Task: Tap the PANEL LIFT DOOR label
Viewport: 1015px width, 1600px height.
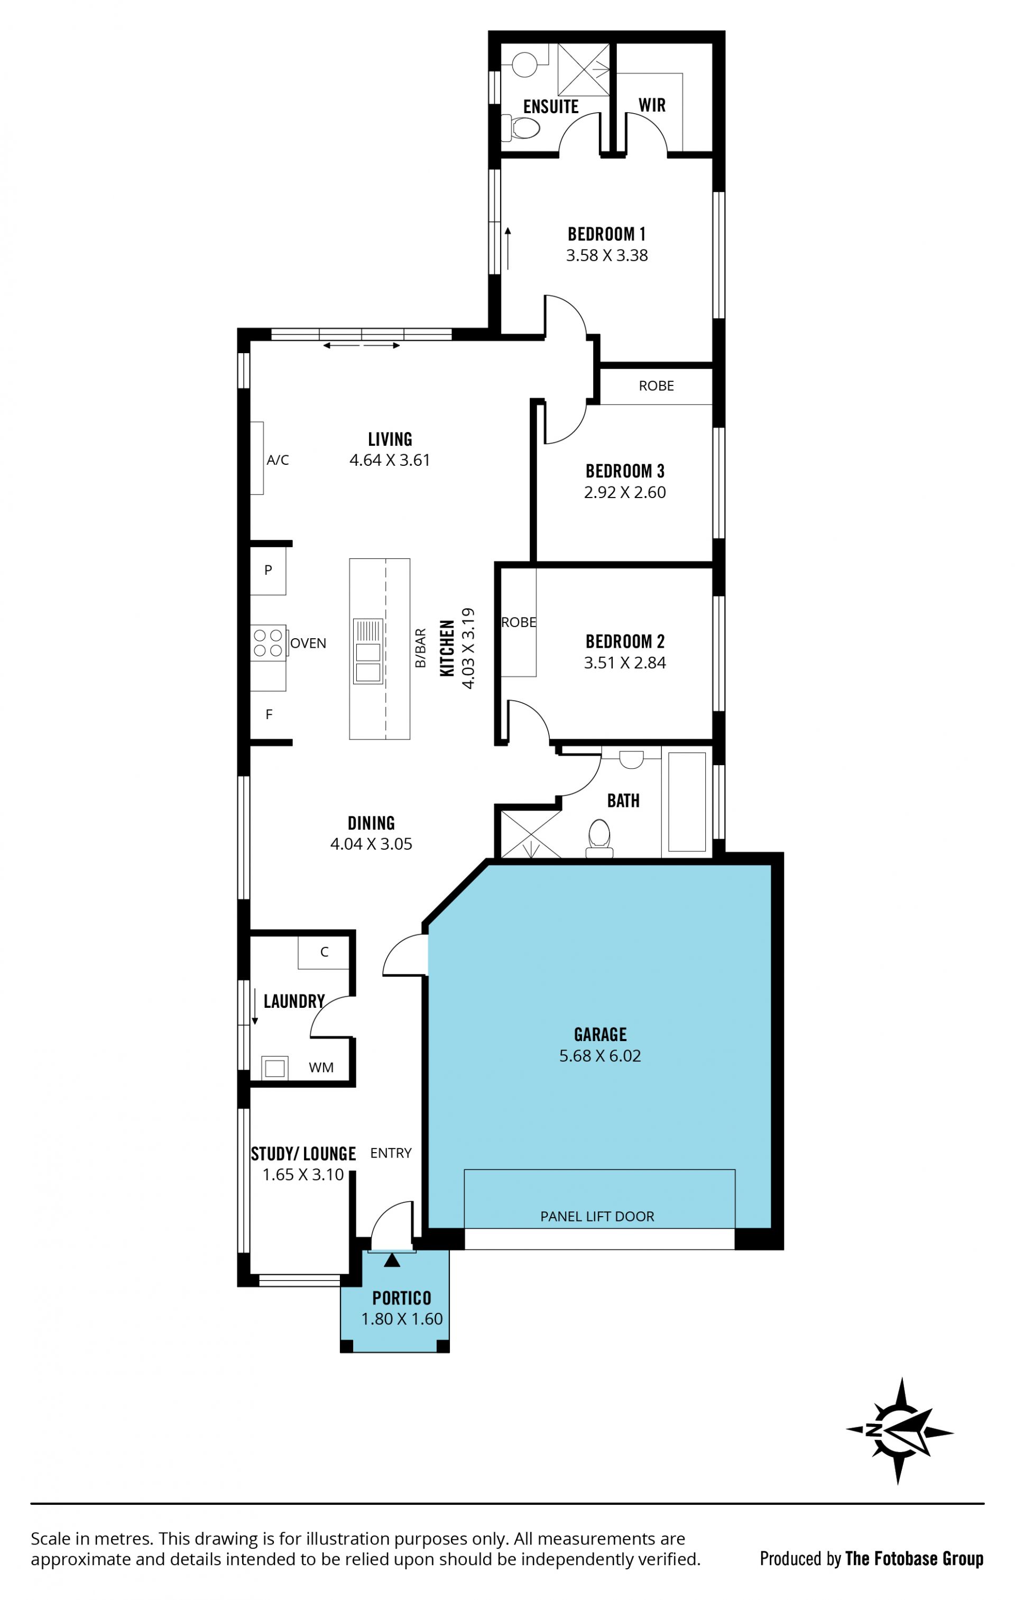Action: pyautogui.click(x=597, y=1216)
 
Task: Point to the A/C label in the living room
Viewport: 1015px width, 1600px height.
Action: pyautogui.click(x=278, y=460)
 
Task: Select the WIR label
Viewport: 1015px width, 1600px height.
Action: pyautogui.click(x=652, y=105)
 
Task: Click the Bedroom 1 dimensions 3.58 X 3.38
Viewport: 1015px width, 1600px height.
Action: pyautogui.click(x=606, y=255)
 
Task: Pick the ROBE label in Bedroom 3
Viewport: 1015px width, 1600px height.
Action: pyautogui.click(x=656, y=386)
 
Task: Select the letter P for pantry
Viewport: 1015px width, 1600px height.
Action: pyautogui.click(x=269, y=569)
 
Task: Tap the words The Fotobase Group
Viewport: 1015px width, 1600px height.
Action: pyautogui.click(x=914, y=1558)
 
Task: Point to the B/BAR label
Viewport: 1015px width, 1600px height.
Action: pyautogui.click(x=420, y=648)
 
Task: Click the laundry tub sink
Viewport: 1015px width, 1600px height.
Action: pyautogui.click(x=274, y=1068)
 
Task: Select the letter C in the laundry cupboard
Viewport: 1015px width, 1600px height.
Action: pyautogui.click(x=324, y=952)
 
